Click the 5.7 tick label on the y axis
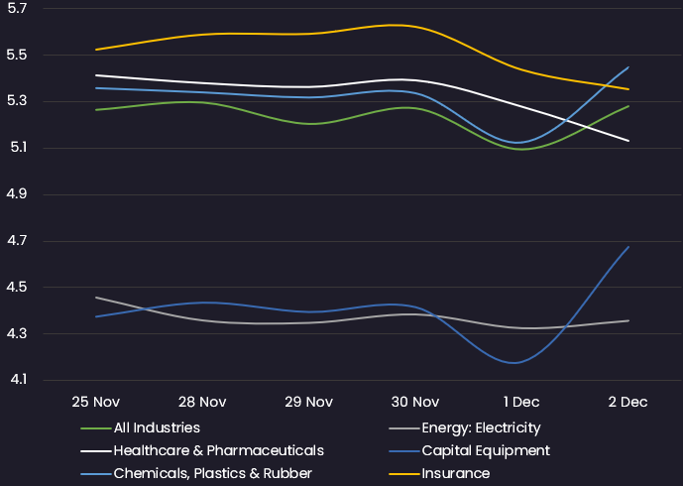click(x=17, y=9)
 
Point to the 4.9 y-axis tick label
click(x=17, y=194)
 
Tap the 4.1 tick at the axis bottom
click(x=18, y=380)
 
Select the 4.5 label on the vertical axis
click(x=17, y=287)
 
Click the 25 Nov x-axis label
click(x=96, y=402)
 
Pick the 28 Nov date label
click(x=202, y=402)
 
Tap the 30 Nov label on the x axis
click(x=415, y=402)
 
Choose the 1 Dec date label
click(x=521, y=402)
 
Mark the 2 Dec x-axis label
click(x=627, y=402)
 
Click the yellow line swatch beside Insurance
click(x=404, y=474)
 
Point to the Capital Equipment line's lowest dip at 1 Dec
click(x=514, y=363)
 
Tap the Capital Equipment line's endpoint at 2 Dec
click(x=628, y=247)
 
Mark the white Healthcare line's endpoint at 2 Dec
click(x=628, y=141)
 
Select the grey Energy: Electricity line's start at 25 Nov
click(x=96, y=298)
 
